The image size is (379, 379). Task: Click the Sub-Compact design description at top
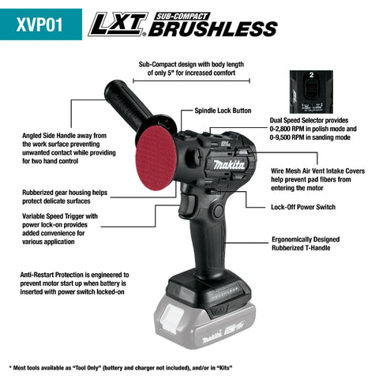[x=190, y=73]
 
